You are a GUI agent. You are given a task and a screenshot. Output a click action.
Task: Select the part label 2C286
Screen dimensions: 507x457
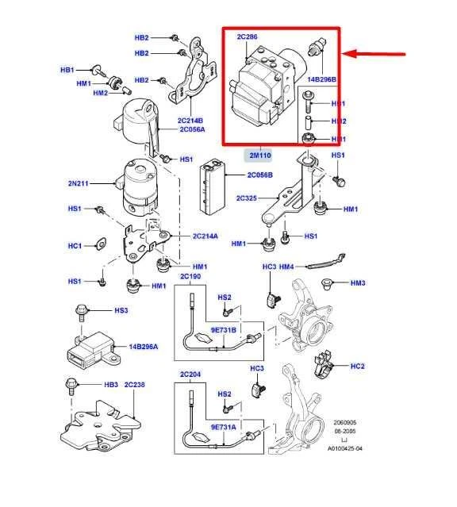(248, 36)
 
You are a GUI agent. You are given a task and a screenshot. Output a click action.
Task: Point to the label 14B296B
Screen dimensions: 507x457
(321, 79)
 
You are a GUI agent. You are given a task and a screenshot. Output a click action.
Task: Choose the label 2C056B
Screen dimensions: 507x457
(259, 175)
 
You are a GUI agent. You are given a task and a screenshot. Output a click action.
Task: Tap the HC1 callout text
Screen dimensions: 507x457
(75, 246)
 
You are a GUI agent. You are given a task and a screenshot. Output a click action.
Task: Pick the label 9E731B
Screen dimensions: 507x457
(223, 329)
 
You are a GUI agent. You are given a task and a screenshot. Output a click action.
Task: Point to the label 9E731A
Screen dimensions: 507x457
(223, 427)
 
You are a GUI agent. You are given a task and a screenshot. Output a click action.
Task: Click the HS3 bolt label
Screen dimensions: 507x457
(121, 309)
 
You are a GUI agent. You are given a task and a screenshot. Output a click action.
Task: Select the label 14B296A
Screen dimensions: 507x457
(144, 347)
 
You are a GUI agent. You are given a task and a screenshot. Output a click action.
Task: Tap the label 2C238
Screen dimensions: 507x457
(134, 384)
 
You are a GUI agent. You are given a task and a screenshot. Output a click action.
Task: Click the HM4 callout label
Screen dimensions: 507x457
(286, 267)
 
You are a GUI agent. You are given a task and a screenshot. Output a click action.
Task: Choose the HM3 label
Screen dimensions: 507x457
(357, 282)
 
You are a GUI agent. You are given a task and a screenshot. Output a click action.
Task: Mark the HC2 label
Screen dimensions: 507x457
(357, 366)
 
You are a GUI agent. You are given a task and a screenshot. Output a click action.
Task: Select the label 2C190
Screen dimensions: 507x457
(190, 277)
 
